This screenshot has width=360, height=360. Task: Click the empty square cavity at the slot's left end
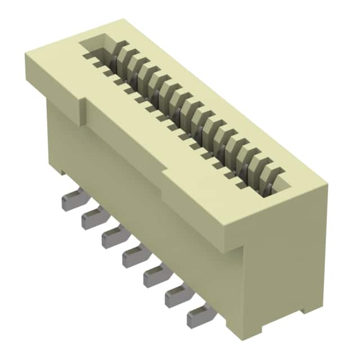98,47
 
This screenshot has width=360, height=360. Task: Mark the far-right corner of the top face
326,186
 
